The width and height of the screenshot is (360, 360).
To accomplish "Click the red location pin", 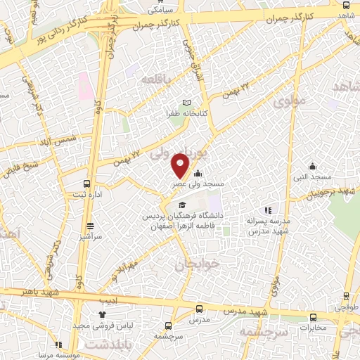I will click(x=181, y=165).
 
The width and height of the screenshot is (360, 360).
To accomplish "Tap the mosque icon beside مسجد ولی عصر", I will click(x=198, y=174).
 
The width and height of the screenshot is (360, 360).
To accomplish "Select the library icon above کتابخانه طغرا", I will click(x=186, y=103).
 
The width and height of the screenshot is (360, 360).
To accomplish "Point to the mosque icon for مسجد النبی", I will click(x=312, y=167).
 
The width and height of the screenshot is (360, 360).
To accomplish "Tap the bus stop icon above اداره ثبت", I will click(x=88, y=183).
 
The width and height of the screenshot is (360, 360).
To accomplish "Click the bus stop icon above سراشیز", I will click(x=90, y=226).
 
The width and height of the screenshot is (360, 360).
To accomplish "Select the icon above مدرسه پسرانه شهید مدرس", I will click(x=268, y=210).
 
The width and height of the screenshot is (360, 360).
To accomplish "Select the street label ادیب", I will click(x=117, y=299).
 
